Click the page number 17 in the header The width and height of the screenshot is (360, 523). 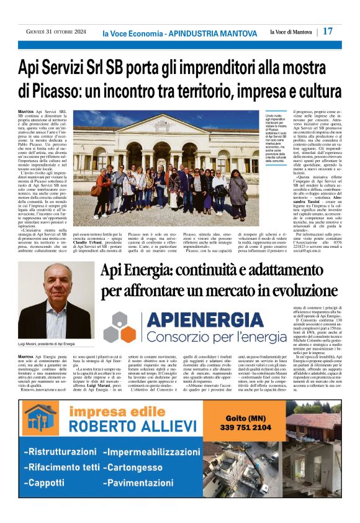click(x=328, y=31)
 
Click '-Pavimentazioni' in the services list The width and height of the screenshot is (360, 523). click(x=144, y=483)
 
